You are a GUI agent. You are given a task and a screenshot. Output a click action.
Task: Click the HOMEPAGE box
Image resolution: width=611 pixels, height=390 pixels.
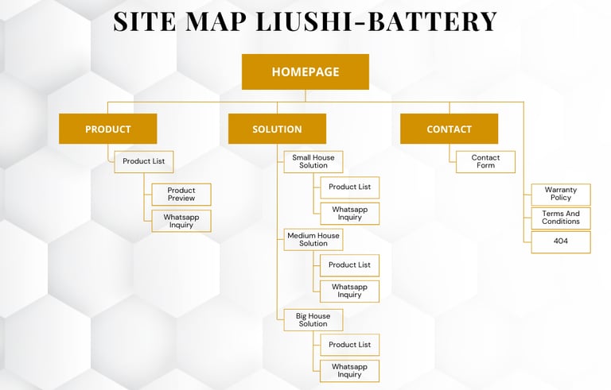pos(305,71)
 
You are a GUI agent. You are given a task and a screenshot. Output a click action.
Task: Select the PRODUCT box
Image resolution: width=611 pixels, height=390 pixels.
pos(107,129)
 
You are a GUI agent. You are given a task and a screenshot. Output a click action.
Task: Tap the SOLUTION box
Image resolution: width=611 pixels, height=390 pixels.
pos(277,129)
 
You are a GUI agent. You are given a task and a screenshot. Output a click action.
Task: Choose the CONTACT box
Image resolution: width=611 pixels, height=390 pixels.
pos(449,129)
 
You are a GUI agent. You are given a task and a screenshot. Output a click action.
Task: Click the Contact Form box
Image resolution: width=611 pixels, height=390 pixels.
pos(485,162)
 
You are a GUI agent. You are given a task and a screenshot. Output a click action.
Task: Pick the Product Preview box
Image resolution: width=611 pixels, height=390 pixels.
pos(181,195)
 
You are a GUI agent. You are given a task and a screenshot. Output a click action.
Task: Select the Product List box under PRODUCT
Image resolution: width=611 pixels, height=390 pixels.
pos(143,161)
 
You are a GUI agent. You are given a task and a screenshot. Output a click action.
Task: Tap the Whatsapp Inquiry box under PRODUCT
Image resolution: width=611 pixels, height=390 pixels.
pos(181,221)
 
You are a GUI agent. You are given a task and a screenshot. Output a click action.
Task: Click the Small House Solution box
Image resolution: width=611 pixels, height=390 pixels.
pos(313,162)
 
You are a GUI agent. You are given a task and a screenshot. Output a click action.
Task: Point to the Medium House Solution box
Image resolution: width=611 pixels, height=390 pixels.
pos(313,240)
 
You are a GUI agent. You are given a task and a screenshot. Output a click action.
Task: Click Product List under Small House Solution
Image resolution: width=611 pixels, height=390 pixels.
pos(349,187)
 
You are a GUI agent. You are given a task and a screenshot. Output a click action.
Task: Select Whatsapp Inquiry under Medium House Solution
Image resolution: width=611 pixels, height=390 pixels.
pos(349,291)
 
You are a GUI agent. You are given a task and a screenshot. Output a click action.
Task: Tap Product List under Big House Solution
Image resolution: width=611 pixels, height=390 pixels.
pos(349,345)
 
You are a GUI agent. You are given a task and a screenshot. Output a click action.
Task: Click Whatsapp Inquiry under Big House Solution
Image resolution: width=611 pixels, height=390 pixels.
pos(349,371)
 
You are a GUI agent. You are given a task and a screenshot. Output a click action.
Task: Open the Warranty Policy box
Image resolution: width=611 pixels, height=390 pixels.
pos(561,195)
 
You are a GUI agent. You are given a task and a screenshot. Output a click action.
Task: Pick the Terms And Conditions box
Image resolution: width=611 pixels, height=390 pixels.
pos(561,218)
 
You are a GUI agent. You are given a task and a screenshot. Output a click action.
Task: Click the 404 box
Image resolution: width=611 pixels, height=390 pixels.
pos(561,241)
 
